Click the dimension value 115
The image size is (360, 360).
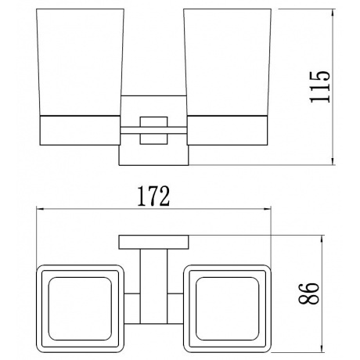(x=320, y=86)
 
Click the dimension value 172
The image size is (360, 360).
(x=153, y=196)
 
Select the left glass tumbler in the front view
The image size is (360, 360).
(x=80, y=62)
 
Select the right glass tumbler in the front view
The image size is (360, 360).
(x=227, y=62)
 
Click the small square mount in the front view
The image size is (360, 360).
(x=153, y=131)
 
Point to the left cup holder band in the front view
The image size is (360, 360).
(x=80, y=130)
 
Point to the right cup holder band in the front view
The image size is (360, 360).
(x=228, y=130)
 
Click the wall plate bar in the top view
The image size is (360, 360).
(x=153, y=242)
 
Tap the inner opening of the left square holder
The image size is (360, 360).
(x=80, y=308)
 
